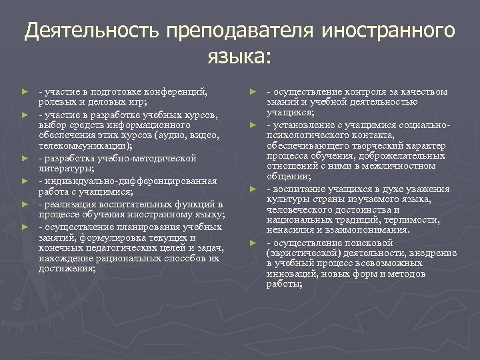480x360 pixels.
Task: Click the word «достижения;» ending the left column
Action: (67, 269)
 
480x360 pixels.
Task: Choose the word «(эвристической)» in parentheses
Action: (300, 253)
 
